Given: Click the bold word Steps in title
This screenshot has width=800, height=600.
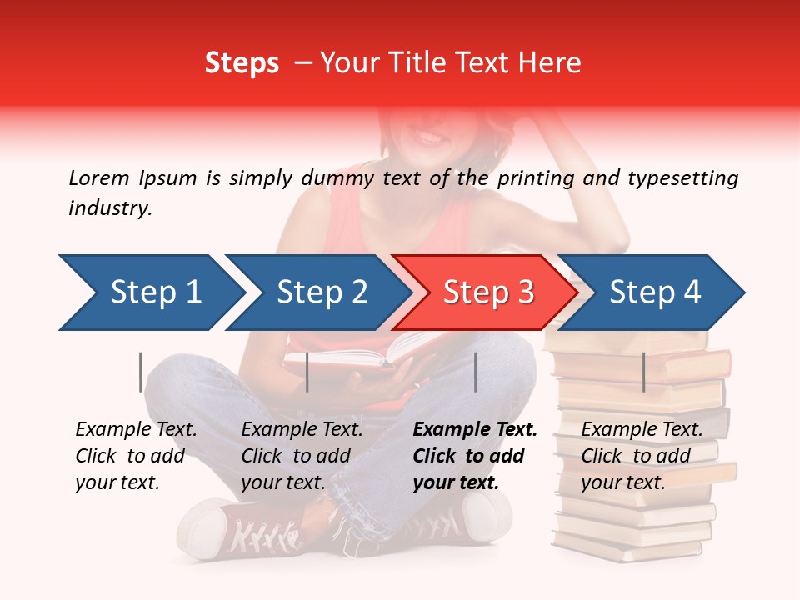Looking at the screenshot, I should pos(242,62).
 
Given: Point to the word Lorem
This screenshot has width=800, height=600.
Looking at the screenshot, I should pos(98,177).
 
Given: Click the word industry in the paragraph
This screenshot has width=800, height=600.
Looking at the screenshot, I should pos(110,208).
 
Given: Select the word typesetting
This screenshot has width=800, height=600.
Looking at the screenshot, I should pos(682,177).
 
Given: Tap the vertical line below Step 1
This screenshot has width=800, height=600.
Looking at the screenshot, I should pos(141,372).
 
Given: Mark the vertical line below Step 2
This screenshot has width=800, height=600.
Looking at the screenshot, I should pos(307,372).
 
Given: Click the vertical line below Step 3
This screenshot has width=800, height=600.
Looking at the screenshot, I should pos(475,372).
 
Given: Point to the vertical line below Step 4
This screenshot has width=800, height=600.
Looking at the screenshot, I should pos(643,372).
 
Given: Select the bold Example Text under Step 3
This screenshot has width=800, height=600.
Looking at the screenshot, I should pos(475,430).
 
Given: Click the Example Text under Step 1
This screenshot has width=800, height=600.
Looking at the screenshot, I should pos(136,430).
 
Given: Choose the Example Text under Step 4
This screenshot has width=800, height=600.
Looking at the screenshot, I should pos(642,430).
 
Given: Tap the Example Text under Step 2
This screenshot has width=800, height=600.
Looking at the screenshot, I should pos(302,430).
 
